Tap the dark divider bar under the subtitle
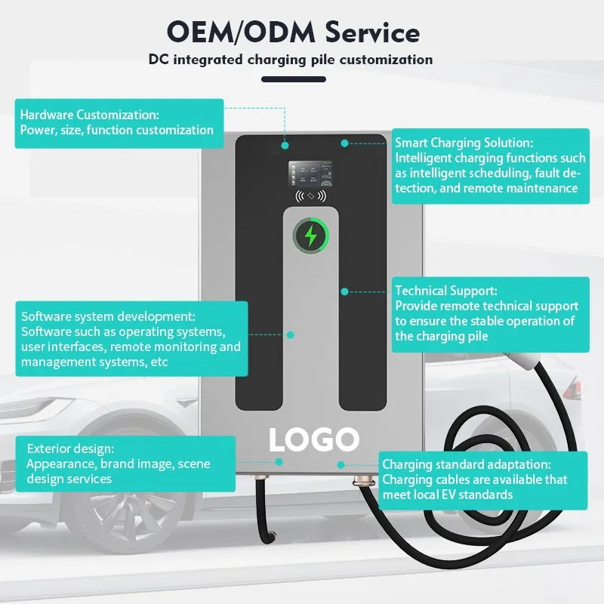click(294, 79)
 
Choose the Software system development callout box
click(131, 339)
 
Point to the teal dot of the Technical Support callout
click(344, 290)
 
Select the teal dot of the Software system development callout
click(291, 334)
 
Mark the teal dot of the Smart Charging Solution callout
click(344, 142)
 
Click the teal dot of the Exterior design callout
click(279, 461)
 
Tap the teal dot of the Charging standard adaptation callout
click(341, 466)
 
